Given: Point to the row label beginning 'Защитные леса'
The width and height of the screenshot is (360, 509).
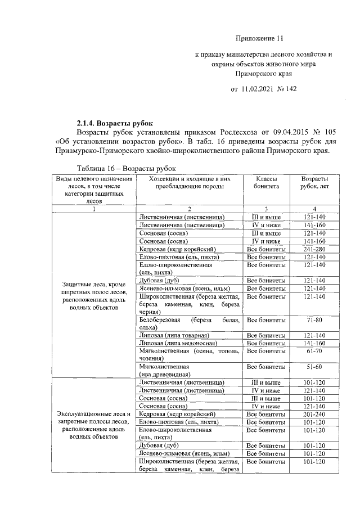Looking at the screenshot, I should [x=94, y=296].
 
